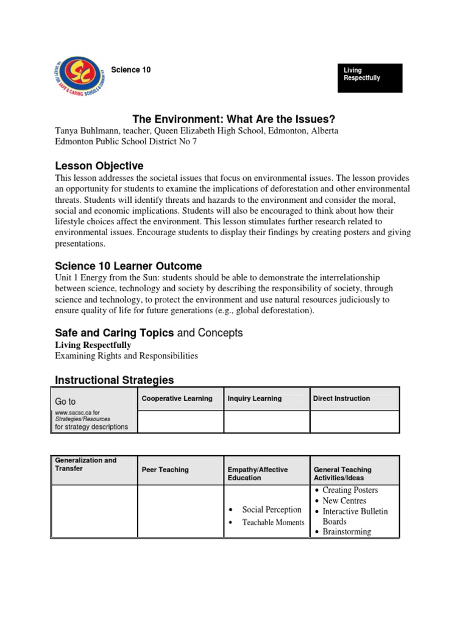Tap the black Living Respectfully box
coord(370,78)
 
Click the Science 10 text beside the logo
coord(130,70)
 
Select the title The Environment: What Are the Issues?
coord(234,119)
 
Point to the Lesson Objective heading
coord(99,166)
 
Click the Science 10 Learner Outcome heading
coord(128,266)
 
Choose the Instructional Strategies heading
coord(115,380)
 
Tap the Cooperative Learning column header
coord(177,399)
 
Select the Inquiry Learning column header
coord(254,399)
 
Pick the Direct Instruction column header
coord(341,399)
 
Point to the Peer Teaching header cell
coord(165,470)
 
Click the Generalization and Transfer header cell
coord(85,464)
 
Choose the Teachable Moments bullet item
coord(273,522)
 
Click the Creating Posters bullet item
coord(350,490)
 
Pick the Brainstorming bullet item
coord(346,531)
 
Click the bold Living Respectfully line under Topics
coord(93,345)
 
